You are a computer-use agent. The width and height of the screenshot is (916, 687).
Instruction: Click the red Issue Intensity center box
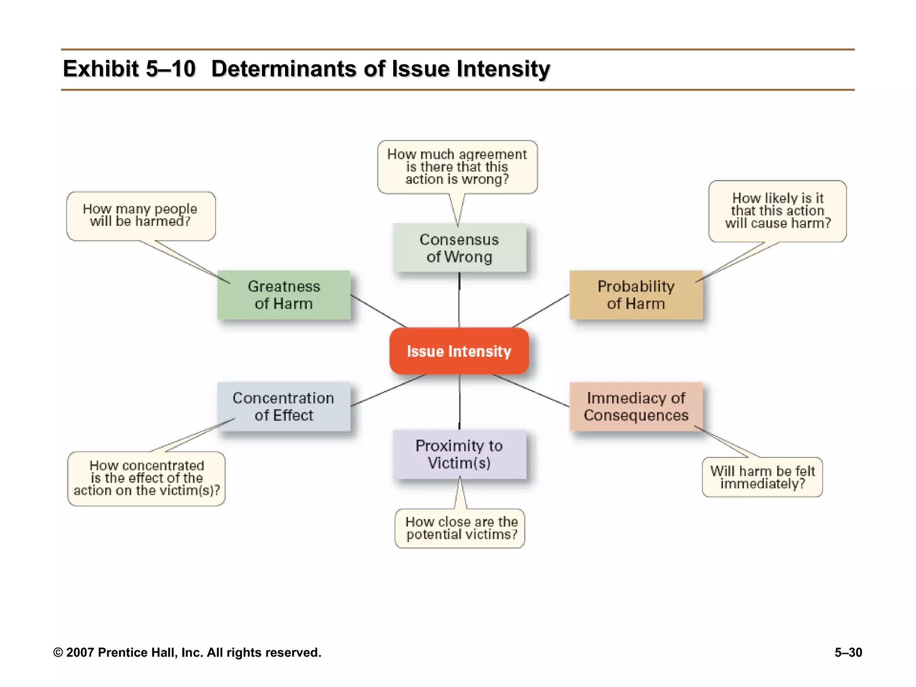(459, 351)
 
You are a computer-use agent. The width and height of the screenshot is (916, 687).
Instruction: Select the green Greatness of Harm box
(284, 295)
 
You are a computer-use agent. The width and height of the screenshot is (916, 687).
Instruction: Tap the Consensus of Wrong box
(459, 248)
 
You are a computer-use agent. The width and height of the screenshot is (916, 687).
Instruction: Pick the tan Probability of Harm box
(636, 295)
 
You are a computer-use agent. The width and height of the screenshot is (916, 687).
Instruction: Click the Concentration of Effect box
(284, 406)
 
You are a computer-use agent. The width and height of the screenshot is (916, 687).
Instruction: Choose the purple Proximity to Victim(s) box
(459, 454)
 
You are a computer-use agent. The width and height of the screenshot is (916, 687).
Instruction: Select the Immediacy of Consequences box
(636, 406)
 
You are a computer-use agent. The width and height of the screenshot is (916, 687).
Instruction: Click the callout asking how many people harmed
(140, 216)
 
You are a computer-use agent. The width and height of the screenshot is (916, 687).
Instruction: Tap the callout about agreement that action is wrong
(457, 167)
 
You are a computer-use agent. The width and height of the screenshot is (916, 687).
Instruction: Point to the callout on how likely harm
(777, 211)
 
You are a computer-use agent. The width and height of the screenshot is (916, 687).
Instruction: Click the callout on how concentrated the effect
(146, 478)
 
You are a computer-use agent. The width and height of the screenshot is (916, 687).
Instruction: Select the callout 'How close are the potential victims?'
(460, 528)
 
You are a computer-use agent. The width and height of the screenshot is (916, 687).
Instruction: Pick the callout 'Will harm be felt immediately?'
(762, 477)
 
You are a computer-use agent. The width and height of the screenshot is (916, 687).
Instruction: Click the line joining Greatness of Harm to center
(378, 311)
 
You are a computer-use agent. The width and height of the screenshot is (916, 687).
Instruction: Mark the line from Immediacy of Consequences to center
(530, 390)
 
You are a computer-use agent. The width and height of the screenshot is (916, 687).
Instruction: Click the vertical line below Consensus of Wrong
(459, 300)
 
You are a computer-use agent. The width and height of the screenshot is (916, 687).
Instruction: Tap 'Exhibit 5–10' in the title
(129, 69)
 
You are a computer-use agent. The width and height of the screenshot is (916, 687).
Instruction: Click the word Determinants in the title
(284, 69)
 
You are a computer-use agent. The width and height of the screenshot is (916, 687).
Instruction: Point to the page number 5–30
(848, 653)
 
